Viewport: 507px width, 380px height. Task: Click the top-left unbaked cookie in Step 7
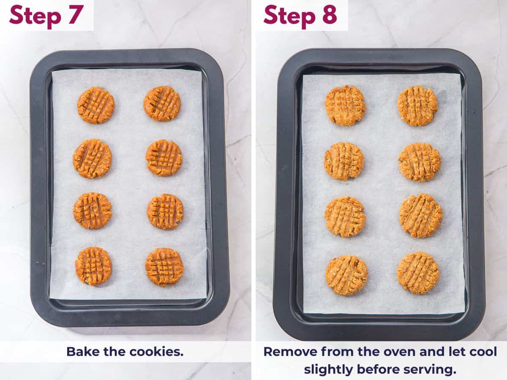pyautogui.click(x=96, y=105)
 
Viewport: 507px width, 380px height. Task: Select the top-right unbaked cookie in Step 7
pyautogui.click(x=162, y=104)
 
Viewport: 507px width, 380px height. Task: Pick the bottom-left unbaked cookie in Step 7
pyautogui.click(x=93, y=266)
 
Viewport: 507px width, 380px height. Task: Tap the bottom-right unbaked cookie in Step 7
pyautogui.click(x=164, y=267)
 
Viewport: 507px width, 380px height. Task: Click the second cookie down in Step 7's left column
pyautogui.click(x=92, y=158)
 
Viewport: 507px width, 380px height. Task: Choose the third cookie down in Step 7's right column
pyautogui.click(x=165, y=212)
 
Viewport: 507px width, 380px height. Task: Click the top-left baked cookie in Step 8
pyautogui.click(x=345, y=106)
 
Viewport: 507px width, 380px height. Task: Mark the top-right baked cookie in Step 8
pyautogui.click(x=418, y=106)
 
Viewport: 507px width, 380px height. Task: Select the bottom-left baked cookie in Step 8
pyautogui.click(x=347, y=275)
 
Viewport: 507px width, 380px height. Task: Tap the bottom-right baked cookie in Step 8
pyautogui.click(x=418, y=272)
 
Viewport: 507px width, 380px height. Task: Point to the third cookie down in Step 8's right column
pyautogui.click(x=421, y=215)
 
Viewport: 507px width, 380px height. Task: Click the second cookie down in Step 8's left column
pyautogui.click(x=344, y=161)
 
